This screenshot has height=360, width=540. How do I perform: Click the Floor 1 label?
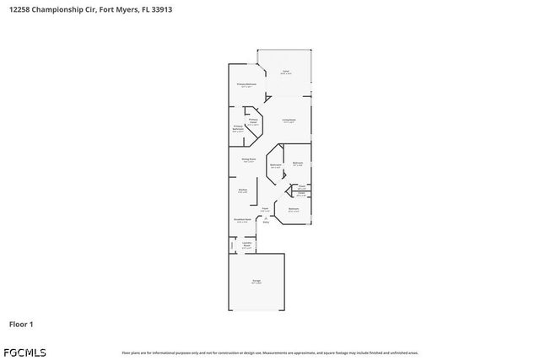coord(21,324)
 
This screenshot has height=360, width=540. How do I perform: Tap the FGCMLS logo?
coord(24,352)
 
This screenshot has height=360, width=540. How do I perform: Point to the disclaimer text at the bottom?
coord(269,352)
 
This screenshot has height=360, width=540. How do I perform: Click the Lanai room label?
coord(285,72)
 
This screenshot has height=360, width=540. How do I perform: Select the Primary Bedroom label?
coord(246,85)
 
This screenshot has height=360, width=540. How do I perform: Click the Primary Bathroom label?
coord(238,128)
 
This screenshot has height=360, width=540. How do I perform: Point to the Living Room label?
coord(289,121)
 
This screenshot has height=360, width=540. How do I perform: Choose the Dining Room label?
coord(248,159)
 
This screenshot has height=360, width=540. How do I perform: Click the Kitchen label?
coord(242,191)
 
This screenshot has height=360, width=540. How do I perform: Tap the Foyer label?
coord(265,208)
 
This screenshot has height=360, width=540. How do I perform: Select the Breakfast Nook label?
coord(242,221)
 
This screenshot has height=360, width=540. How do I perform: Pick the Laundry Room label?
coord(247,244)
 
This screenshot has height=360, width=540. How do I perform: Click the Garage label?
coord(256,281)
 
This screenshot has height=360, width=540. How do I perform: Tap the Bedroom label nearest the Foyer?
coord(294,209)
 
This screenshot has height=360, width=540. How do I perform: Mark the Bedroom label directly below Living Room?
coord(297,164)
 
